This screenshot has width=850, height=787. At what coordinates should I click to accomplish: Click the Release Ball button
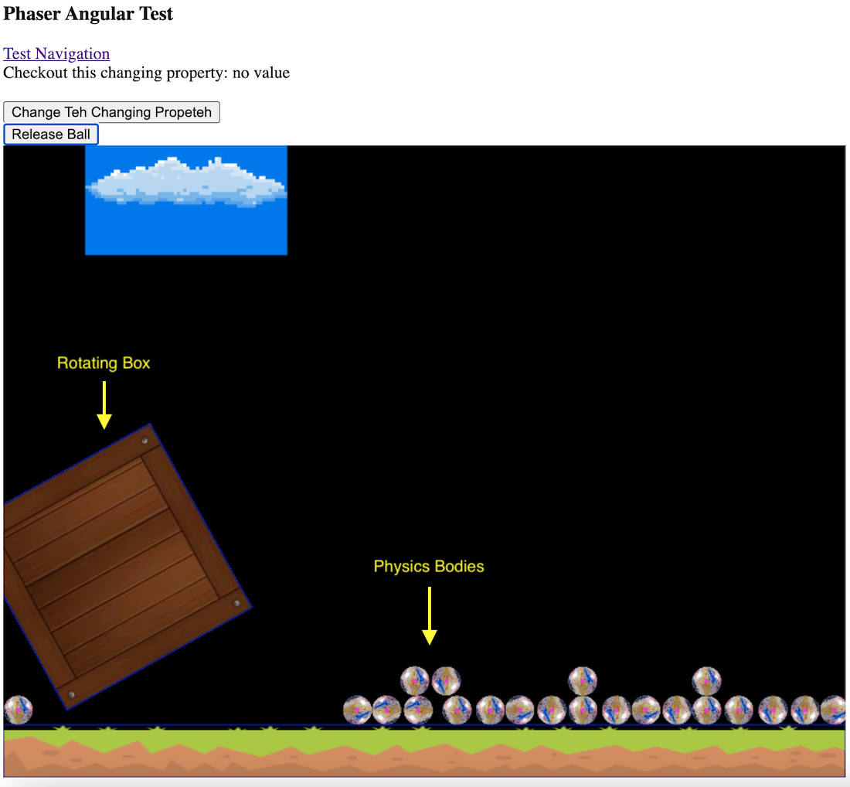tap(51, 135)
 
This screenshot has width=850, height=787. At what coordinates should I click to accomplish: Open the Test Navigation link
tap(56, 53)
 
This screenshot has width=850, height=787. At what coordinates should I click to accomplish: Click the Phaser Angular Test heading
tap(88, 14)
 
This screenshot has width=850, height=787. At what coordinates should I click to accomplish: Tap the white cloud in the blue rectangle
tap(185, 182)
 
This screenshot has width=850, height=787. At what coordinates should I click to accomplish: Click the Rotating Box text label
tap(104, 363)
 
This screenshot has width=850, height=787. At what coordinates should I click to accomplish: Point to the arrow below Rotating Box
tap(104, 405)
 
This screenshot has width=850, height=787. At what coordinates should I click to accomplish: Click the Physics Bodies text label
tap(429, 566)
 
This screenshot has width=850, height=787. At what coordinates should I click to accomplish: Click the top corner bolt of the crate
tap(144, 441)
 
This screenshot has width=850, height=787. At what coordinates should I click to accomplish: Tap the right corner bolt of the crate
tap(236, 604)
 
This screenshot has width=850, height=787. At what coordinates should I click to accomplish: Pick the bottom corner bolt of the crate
tap(72, 694)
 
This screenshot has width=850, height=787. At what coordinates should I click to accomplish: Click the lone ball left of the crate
tap(18, 710)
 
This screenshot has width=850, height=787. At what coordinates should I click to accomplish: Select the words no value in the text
tap(261, 73)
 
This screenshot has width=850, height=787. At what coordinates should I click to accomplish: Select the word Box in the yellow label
tap(136, 363)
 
